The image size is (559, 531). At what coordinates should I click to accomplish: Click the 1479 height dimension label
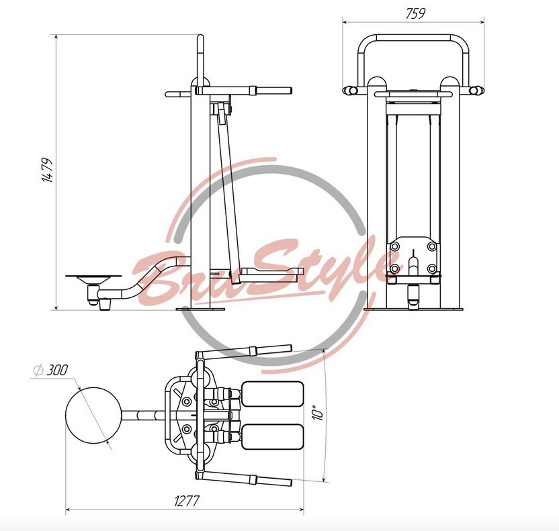[x=48, y=170]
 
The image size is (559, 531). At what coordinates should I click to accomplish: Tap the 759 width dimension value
[x=415, y=13]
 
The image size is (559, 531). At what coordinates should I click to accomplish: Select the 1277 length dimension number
[x=187, y=501]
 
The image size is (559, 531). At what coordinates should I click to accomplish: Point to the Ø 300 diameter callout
[x=50, y=370]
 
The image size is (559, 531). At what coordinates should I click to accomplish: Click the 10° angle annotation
[x=318, y=412]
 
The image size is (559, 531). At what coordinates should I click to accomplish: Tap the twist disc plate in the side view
[x=93, y=277]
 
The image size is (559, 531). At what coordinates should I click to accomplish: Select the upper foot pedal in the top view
[x=272, y=394]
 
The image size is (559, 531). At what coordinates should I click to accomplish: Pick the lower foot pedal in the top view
[x=272, y=436]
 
